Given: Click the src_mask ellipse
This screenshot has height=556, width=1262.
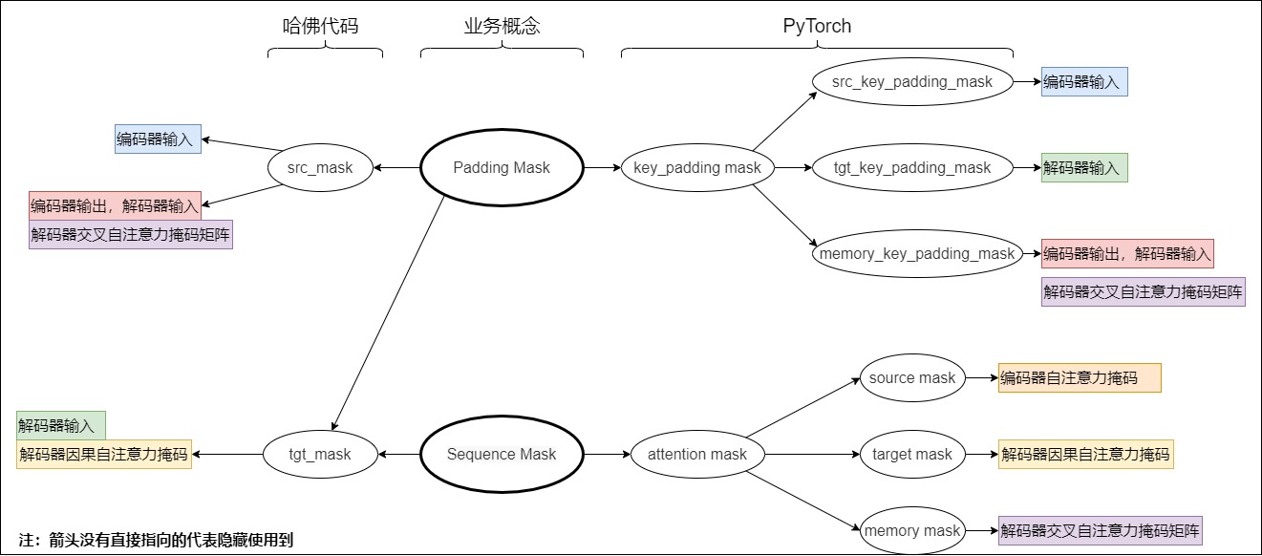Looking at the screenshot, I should pyautogui.click(x=320, y=168).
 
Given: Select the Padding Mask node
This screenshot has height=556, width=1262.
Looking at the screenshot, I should pyautogui.click(x=502, y=168).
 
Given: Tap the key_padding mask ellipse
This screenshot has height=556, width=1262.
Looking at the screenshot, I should pyautogui.click(x=697, y=168).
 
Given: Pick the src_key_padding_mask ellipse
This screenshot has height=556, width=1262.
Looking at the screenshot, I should pyautogui.click(x=912, y=82).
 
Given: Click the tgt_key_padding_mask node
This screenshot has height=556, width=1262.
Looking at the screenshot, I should pyautogui.click(x=912, y=168).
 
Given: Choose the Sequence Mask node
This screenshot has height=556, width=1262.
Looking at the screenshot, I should pyautogui.click(x=502, y=455).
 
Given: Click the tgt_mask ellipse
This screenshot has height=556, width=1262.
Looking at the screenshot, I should pyautogui.click(x=320, y=455).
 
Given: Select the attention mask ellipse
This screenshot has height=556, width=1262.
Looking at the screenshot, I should pyautogui.click(x=697, y=455).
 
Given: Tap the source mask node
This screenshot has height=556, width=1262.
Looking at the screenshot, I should pyautogui.click(x=912, y=378).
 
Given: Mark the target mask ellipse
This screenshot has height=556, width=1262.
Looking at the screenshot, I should pyautogui.click(x=912, y=455).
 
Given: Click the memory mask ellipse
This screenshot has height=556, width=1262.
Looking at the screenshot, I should pyautogui.click(x=912, y=531).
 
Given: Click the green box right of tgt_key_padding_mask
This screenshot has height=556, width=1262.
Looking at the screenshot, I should pyautogui.click(x=1084, y=168).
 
